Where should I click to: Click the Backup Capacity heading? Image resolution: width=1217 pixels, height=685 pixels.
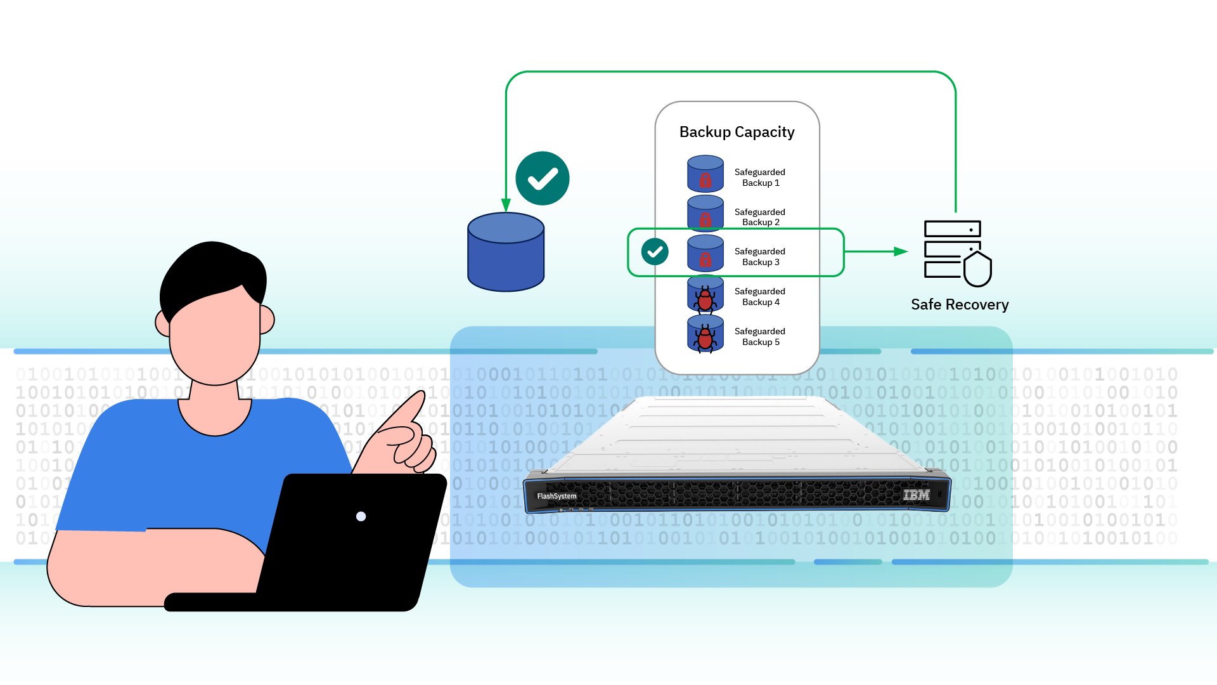tap(737, 132)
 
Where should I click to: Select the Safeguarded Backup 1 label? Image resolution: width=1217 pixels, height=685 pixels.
tap(759, 178)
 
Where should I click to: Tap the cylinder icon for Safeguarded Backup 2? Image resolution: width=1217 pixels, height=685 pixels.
tap(705, 212)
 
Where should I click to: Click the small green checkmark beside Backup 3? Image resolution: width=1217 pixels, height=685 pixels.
tap(655, 252)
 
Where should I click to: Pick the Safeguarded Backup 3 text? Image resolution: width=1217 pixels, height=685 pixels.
tap(759, 257)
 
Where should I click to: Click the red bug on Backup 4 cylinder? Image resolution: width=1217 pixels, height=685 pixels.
tap(705, 299)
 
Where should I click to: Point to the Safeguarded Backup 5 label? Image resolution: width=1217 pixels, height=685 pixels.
tap(759, 337)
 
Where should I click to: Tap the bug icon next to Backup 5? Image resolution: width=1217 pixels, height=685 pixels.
tap(705, 338)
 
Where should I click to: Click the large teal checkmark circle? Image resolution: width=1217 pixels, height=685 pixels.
tap(543, 178)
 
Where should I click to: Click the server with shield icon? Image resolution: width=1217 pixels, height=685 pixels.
tap(957, 252)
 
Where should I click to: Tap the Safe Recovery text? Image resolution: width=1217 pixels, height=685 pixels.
tap(959, 305)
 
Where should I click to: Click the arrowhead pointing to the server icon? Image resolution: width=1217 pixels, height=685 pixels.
tap(901, 252)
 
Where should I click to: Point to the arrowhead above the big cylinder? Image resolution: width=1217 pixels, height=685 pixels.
tap(506, 205)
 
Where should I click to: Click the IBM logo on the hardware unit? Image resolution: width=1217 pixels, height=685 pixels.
tap(916, 495)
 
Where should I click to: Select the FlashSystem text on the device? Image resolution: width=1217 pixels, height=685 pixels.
tap(557, 496)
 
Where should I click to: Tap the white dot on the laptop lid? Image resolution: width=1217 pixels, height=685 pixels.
tap(361, 516)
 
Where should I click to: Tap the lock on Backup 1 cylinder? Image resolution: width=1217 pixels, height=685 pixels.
tap(705, 181)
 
